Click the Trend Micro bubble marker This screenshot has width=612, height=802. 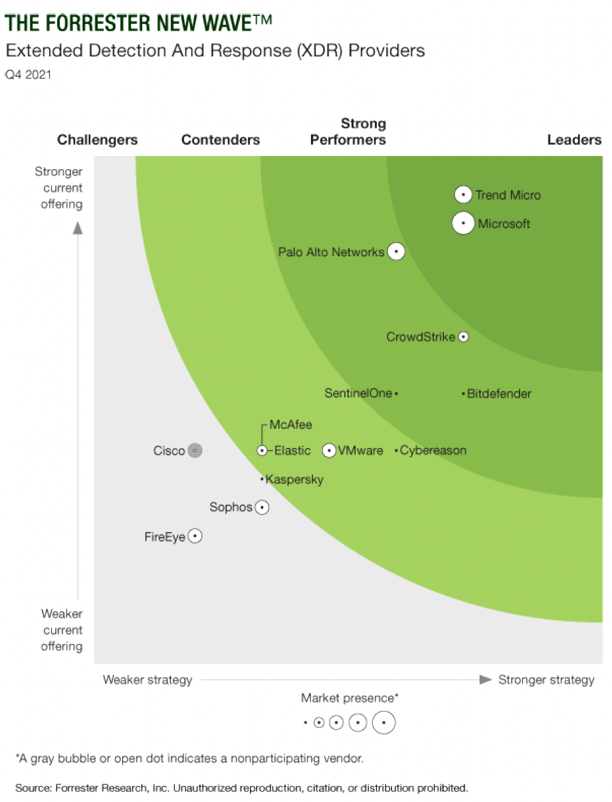tap(463, 195)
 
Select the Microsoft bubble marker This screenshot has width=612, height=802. tap(463, 223)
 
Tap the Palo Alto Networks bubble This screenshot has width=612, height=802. tap(396, 252)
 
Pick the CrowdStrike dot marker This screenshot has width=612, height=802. tap(464, 337)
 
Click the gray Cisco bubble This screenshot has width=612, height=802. tap(195, 451)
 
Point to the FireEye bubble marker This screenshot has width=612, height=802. tap(195, 536)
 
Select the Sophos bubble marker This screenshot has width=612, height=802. tap(262, 507)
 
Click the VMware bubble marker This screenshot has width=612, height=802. tap(329, 451)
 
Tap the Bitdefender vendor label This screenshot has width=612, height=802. tap(499, 394)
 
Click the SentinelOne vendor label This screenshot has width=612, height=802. tap(358, 393)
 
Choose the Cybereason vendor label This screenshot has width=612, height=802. tap(433, 451)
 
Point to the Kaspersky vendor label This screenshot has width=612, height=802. tap(294, 479)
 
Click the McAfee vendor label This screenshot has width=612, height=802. tap(290, 425)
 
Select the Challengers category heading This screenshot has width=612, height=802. tap(98, 139)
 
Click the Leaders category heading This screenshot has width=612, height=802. tap(574, 139)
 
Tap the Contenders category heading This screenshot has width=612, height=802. tap(221, 139)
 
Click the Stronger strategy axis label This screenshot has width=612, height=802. tap(546, 680)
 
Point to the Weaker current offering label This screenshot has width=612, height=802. tap(62, 630)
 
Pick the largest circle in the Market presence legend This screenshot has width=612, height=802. tap(383, 722)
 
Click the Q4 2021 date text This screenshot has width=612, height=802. tap(29, 75)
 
